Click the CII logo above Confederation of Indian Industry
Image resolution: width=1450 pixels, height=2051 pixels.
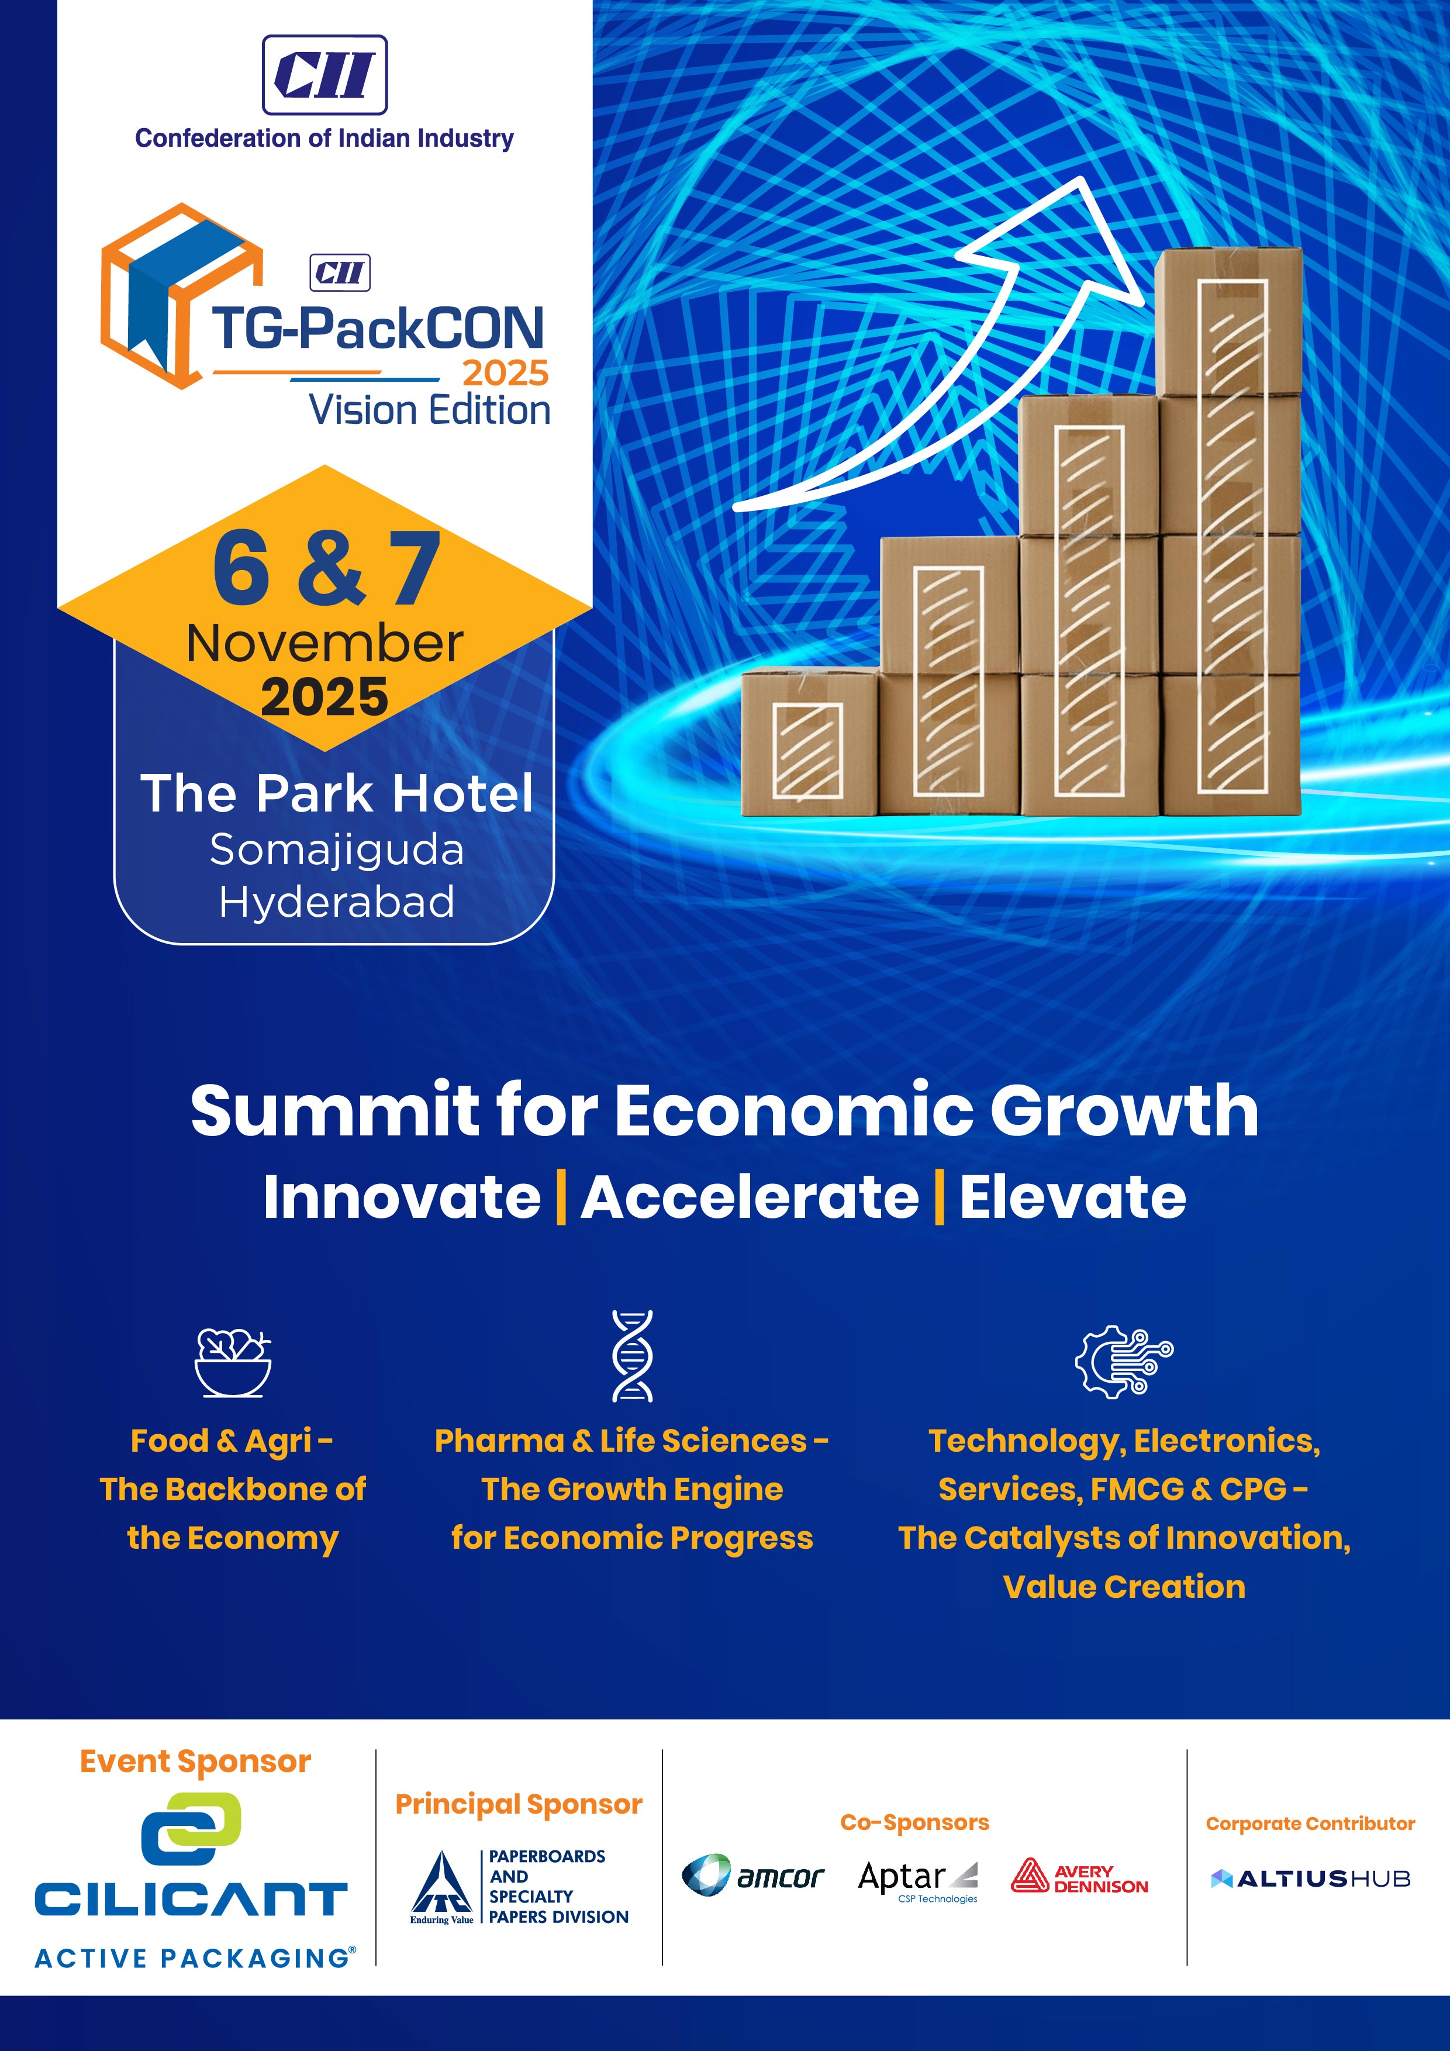(324, 75)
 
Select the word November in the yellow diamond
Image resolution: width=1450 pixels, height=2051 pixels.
(324, 643)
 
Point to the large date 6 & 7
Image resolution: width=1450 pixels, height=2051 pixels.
(327, 568)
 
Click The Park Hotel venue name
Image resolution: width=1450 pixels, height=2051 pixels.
(337, 793)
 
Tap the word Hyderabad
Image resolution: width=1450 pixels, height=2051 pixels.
(337, 902)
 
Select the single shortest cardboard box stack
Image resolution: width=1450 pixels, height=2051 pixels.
(809, 741)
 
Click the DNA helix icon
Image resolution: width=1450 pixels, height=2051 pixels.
(633, 1355)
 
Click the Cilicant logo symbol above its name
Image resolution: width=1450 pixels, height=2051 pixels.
(191, 1829)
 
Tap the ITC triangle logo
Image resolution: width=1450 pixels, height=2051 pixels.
(441, 1886)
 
